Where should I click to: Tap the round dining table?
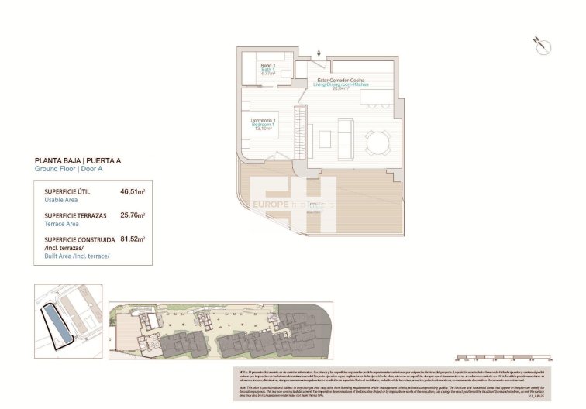coord(378,143)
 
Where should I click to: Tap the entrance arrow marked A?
coord(318,53)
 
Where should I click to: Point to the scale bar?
coord(502,359)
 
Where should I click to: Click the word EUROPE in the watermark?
coord(271,205)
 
